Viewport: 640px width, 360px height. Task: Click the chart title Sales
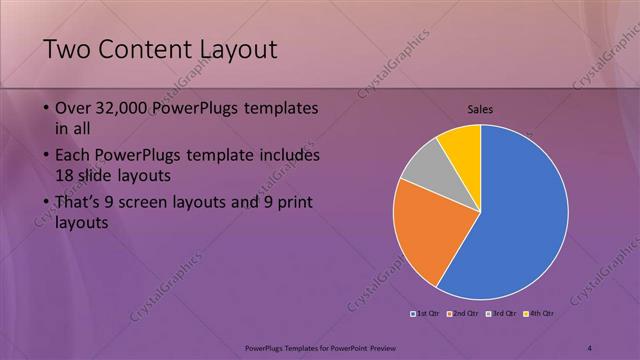481,110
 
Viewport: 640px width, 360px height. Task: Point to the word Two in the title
68,49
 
